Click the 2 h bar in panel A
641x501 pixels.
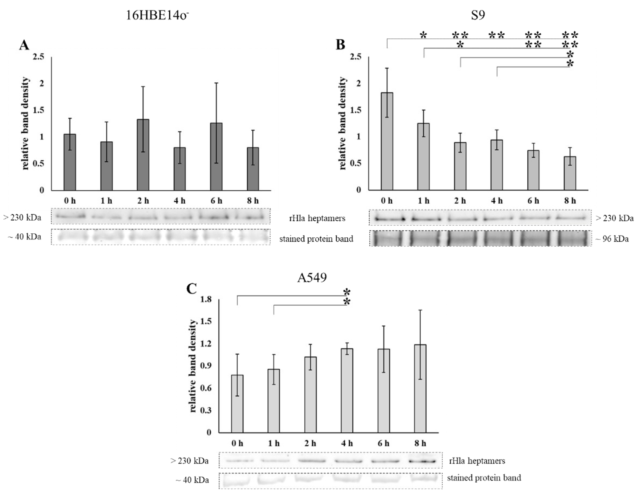click(143, 155)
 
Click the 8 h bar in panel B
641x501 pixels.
click(570, 173)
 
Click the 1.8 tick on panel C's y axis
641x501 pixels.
click(206, 299)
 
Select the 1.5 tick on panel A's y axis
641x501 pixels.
click(38, 110)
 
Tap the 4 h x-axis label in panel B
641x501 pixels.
click(497, 201)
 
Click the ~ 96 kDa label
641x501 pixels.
click(612, 239)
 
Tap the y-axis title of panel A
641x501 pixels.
click(26, 123)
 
